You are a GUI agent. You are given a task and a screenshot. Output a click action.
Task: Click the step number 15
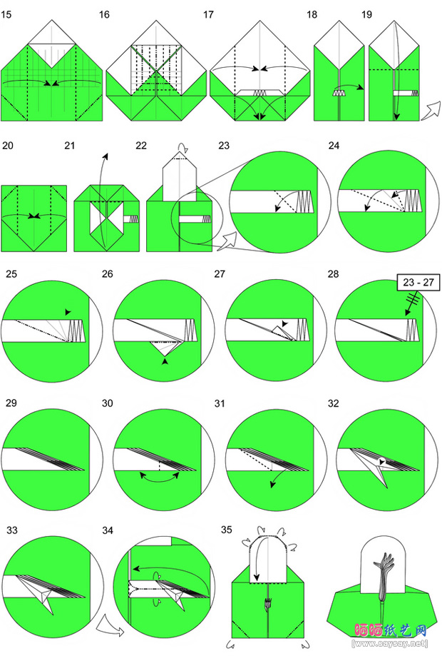6,15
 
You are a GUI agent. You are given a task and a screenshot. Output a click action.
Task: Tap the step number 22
141,146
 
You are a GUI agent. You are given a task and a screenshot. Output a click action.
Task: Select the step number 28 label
333,274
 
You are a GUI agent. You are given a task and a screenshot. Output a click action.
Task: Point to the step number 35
226,530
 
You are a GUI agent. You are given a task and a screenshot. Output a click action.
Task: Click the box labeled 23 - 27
418,283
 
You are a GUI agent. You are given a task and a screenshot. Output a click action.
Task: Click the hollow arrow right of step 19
431,111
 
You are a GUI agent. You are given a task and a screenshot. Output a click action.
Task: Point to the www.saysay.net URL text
390,643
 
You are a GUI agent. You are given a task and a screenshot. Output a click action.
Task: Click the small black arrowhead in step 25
68,312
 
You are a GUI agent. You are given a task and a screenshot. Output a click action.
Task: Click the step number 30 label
108,403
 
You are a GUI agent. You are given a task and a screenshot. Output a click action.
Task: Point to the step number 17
208,15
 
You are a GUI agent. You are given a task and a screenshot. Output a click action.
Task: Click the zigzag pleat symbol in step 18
339,94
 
